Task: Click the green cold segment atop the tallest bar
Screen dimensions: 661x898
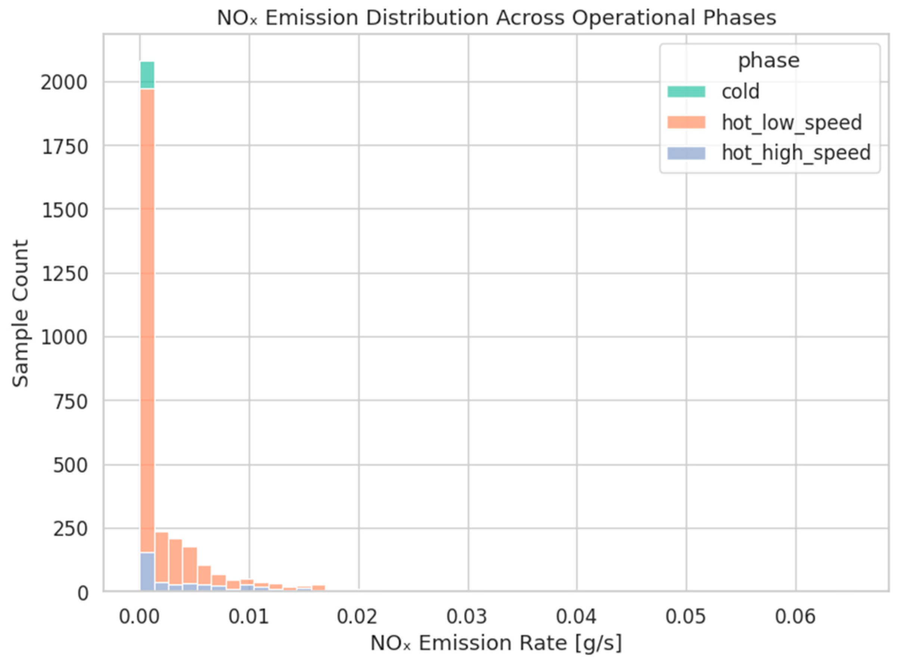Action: pyautogui.click(x=147, y=75)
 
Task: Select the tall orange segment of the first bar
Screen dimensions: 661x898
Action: pyautogui.click(x=147, y=320)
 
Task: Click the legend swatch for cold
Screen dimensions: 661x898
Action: pyautogui.click(x=686, y=91)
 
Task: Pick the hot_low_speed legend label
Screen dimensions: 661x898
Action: pyautogui.click(x=792, y=122)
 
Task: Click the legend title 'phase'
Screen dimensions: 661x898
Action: pyautogui.click(x=769, y=61)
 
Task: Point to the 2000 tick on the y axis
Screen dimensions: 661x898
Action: pyautogui.click(x=64, y=83)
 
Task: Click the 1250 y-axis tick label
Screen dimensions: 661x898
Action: pyautogui.click(x=64, y=274)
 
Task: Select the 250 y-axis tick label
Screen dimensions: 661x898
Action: pyautogui.click(x=71, y=529)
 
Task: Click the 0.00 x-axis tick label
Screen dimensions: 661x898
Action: pyautogui.click(x=139, y=617)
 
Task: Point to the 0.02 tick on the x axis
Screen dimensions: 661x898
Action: pyautogui.click(x=358, y=617)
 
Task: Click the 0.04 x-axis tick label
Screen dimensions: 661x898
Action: pyautogui.click(x=576, y=617)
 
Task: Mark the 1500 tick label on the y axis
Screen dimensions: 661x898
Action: pyautogui.click(x=64, y=210)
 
